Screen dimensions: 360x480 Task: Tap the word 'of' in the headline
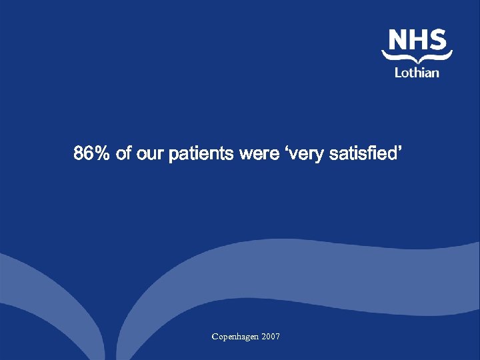(123, 155)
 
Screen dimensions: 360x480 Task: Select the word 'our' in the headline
(150, 155)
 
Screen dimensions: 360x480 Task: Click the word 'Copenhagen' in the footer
(235, 337)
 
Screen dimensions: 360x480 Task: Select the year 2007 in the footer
(271, 337)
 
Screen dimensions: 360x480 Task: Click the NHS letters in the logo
(417, 40)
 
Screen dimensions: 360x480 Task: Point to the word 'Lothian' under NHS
(417, 72)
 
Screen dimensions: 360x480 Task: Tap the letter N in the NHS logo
(398, 40)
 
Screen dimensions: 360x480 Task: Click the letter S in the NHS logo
(437, 40)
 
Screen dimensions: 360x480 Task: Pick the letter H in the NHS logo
(418, 40)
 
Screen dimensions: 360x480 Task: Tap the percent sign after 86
(102, 155)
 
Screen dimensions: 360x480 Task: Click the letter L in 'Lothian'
(398, 72)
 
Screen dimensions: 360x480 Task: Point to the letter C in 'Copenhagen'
(215, 337)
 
